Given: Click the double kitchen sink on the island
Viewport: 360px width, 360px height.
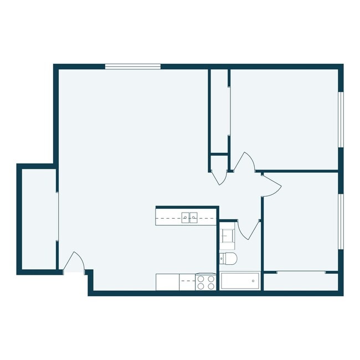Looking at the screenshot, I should pyautogui.click(x=189, y=217).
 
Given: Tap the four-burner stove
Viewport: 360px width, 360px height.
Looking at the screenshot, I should pyautogui.click(x=206, y=282).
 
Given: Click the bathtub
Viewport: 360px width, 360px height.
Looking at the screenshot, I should pyautogui.click(x=240, y=281).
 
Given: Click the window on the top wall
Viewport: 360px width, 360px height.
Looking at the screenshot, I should pyautogui.click(x=133, y=66).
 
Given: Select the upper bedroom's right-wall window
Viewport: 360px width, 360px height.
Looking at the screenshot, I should pyautogui.click(x=341, y=120).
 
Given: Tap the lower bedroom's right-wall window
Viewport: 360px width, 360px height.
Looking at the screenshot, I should pyautogui.click(x=341, y=220).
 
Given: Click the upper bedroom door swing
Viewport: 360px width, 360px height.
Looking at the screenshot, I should pyautogui.click(x=245, y=162).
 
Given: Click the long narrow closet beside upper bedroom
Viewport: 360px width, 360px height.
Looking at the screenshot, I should pyautogui.click(x=219, y=111).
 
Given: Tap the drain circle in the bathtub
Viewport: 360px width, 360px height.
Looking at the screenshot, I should pyautogui.click(x=253, y=281).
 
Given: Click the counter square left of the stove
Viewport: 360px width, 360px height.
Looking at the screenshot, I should pyautogui.click(x=167, y=282).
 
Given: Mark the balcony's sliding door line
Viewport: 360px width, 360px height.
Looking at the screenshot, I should pyautogui.click(x=58, y=216).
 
